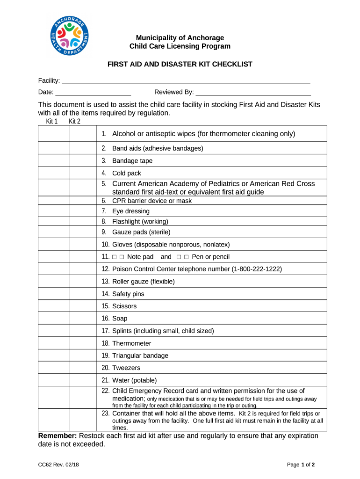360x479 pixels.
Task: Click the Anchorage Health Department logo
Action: click(69, 36)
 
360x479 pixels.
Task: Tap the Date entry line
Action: click(93, 92)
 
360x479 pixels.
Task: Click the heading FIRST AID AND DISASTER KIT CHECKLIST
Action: click(180, 64)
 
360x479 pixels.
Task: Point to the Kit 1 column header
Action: click(52, 122)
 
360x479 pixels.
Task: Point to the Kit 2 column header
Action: click(75, 122)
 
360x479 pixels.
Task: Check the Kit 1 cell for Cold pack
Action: click(54, 173)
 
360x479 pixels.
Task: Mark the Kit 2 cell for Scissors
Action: click(83, 306)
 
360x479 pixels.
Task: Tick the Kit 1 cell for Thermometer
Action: click(54, 343)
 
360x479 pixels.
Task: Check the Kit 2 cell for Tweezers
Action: click(83, 368)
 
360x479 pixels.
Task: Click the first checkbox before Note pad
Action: click(114, 257)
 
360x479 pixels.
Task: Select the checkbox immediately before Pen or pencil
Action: click(186, 257)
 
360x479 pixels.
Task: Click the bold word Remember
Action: click(57, 436)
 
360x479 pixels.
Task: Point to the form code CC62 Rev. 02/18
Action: click(58, 464)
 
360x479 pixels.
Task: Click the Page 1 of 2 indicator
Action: click(301, 464)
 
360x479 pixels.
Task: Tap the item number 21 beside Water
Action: click(105, 380)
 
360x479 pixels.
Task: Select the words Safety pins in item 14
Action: click(128, 294)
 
